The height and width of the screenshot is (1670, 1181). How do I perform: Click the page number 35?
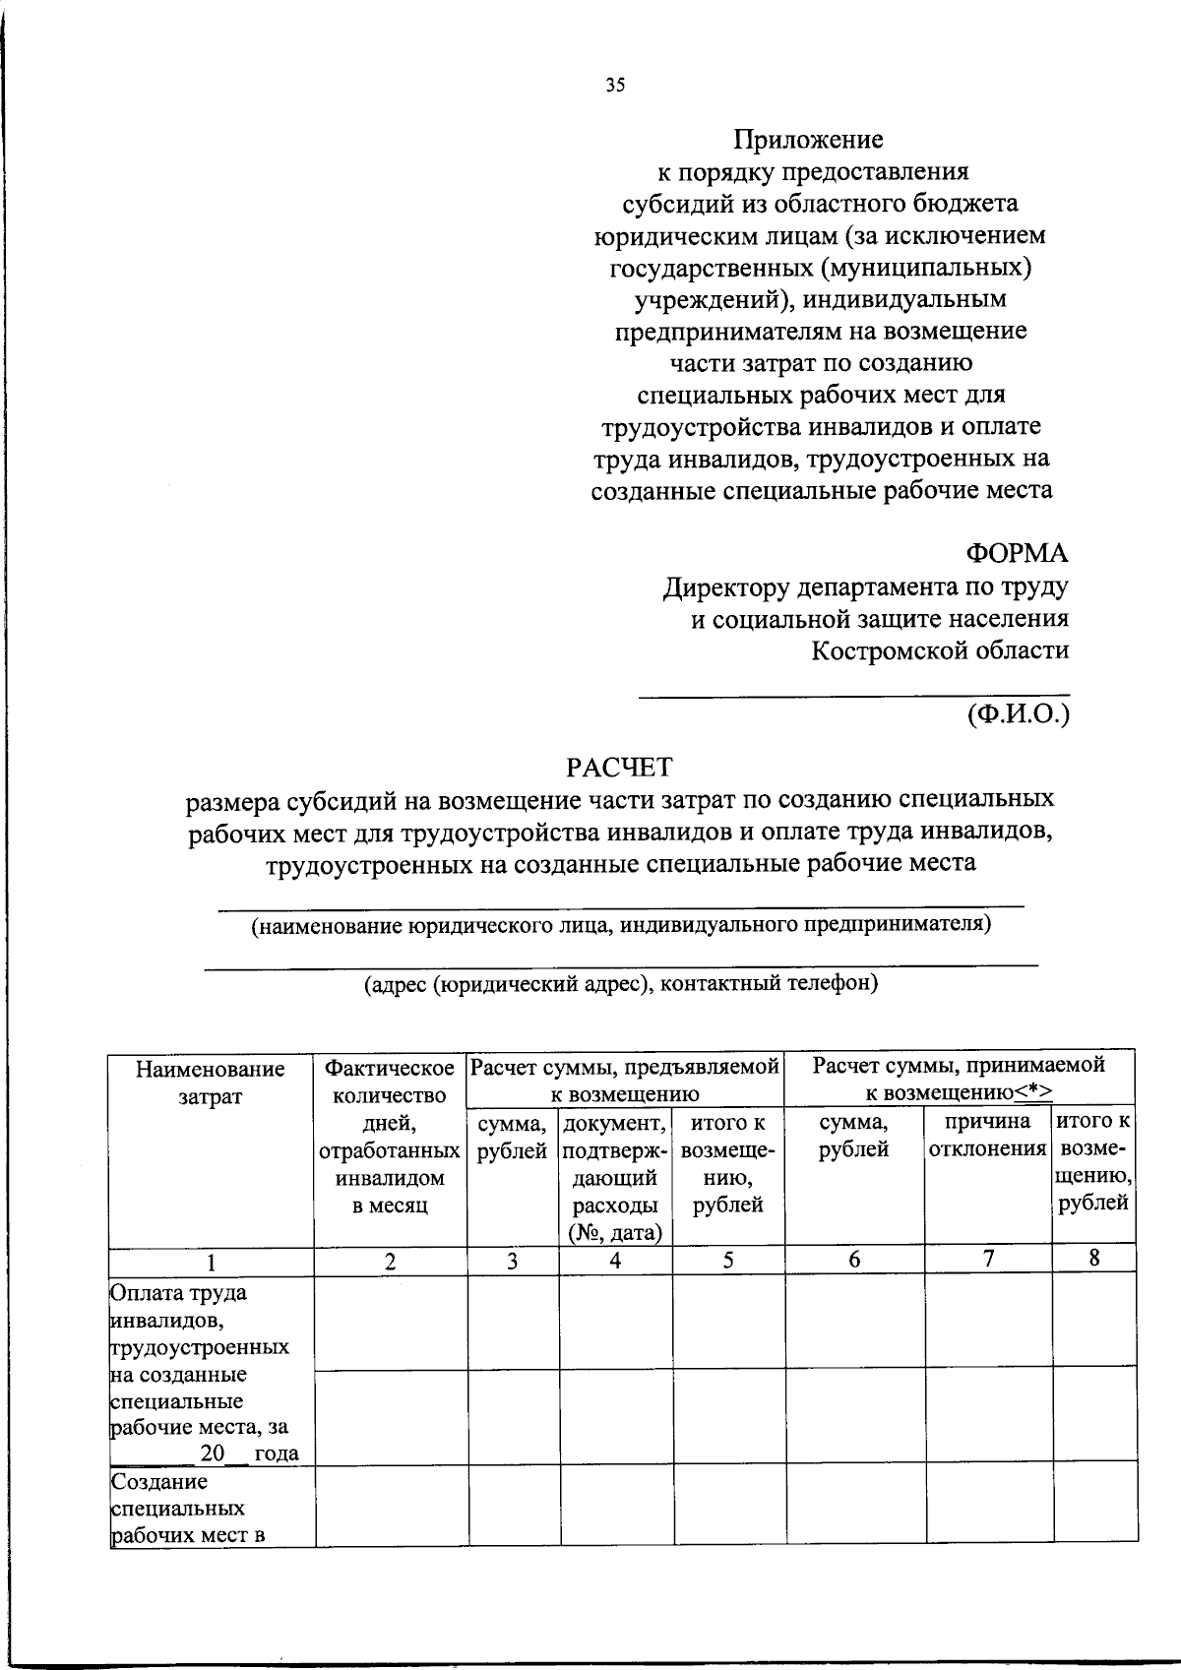point(615,85)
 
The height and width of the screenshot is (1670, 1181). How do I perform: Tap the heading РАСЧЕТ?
point(618,766)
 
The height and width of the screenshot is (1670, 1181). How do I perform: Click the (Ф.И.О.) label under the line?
point(1018,713)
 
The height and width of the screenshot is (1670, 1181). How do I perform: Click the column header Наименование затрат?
point(210,1082)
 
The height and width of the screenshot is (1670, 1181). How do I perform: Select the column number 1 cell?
point(211,1262)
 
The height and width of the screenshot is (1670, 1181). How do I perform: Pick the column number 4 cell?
point(615,1261)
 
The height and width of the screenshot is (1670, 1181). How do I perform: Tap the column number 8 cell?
point(1093,1259)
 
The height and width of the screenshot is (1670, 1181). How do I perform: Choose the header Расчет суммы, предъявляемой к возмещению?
point(625,1079)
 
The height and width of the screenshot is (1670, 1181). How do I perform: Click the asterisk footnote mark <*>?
point(1033,1093)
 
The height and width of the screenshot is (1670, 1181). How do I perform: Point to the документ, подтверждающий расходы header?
point(615,1177)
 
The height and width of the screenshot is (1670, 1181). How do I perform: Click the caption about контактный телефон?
point(620,983)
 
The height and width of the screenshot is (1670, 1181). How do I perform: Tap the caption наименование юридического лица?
point(620,925)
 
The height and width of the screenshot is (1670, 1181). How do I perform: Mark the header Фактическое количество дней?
point(390,1136)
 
